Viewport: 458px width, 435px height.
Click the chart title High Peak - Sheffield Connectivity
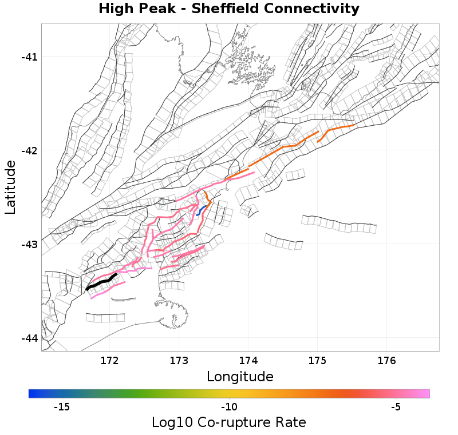pyautogui.click(x=229, y=9)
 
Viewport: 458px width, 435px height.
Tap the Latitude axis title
pyautogui.click(x=10, y=187)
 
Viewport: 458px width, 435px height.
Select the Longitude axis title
pyautogui.click(x=240, y=377)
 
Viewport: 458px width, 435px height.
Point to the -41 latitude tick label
pyautogui.click(x=29, y=57)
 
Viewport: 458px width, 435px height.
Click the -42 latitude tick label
pyautogui.click(x=29, y=150)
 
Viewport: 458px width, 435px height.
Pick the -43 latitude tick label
pyautogui.click(x=29, y=245)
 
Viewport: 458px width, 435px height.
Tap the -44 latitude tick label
pyautogui.click(x=29, y=338)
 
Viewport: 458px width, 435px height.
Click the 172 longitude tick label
pyautogui.click(x=109, y=361)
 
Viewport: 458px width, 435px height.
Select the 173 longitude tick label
pyautogui.click(x=179, y=361)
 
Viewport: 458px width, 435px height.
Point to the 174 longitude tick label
pyautogui.click(x=248, y=361)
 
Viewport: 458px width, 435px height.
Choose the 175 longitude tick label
pyautogui.click(x=317, y=361)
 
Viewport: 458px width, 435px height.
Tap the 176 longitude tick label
pyautogui.click(x=386, y=361)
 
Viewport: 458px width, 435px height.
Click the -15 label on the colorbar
pyautogui.click(x=61, y=408)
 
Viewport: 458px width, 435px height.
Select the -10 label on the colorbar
pyautogui.click(x=229, y=408)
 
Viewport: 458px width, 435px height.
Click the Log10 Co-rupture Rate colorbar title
pyautogui.click(x=229, y=423)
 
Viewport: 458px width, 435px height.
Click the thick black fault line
pyautogui.click(x=101, y=282)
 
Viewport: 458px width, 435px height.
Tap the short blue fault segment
pyautogui.click(x=200, y=210)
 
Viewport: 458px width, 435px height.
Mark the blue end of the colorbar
pyautogui.click(x=32, y=393)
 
